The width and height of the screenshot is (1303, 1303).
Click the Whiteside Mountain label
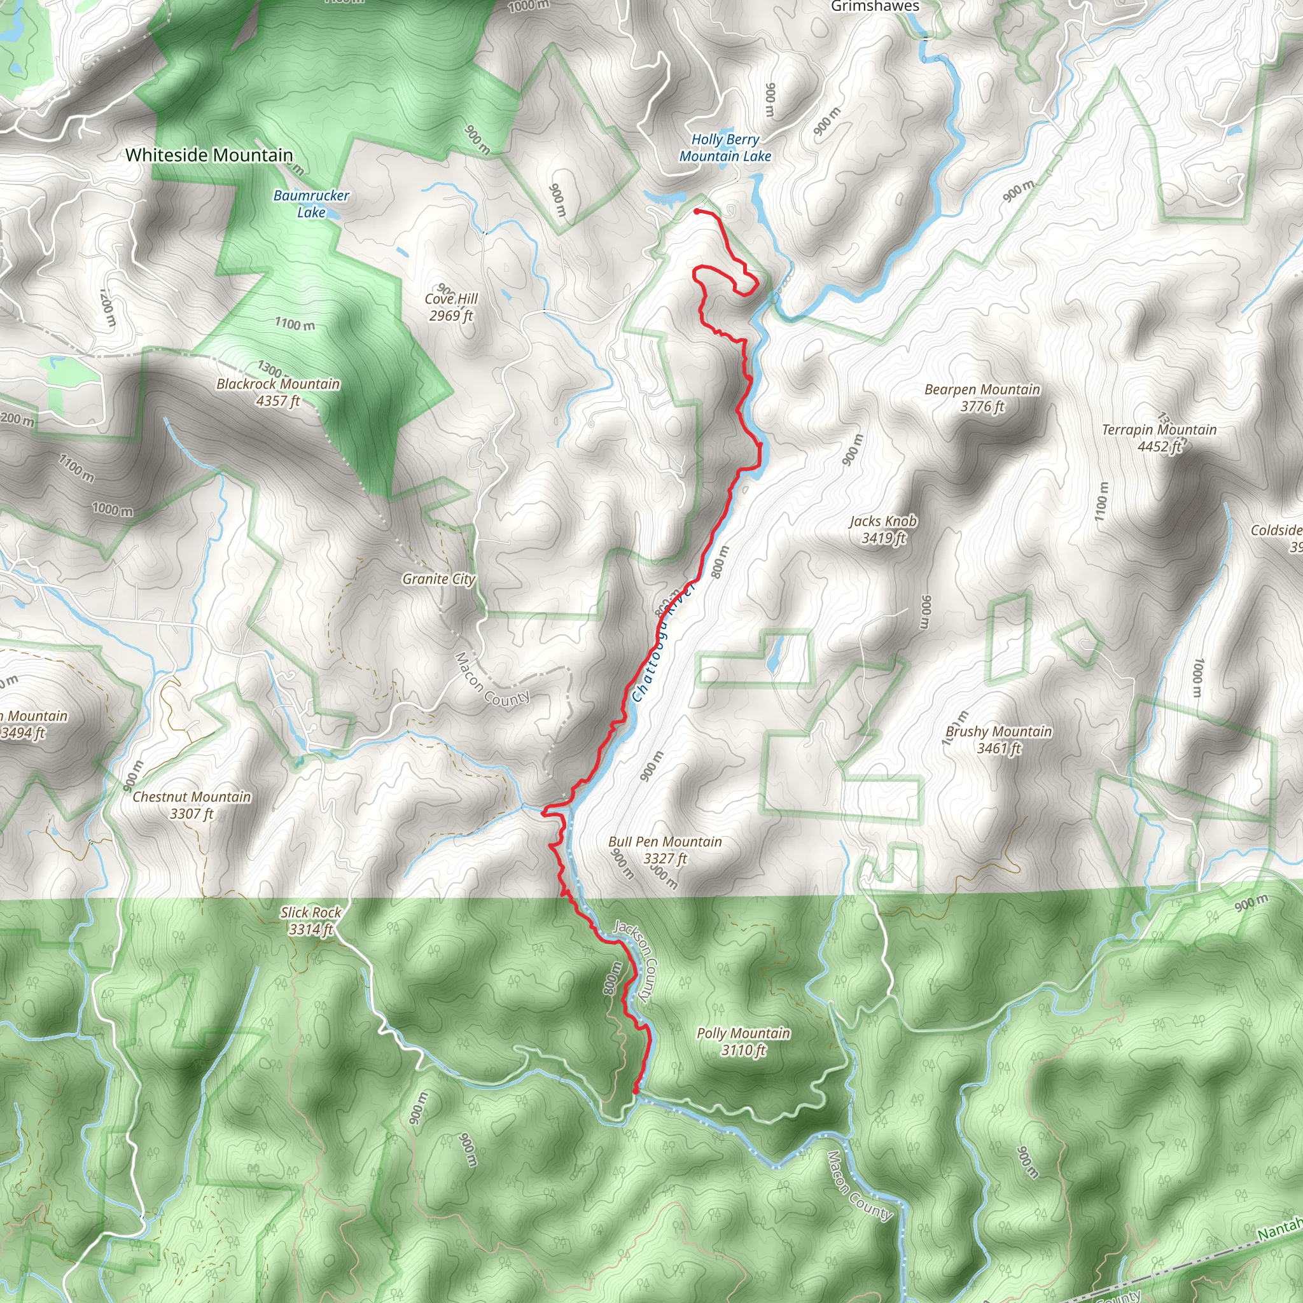coord(209,155)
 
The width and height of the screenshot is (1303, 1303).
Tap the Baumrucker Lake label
coord(311,204)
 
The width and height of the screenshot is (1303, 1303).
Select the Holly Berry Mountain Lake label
coord(725,148)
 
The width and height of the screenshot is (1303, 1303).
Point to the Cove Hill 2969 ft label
coord(451,307)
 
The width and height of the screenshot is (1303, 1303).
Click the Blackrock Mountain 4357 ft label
coord(278,392)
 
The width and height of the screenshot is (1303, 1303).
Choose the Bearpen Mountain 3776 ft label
coord(982,397)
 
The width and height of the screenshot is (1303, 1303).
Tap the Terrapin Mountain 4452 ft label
coord(1159,438)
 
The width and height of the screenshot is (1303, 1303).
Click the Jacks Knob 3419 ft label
coord(883,529)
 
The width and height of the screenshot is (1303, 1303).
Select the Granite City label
coord(439,579)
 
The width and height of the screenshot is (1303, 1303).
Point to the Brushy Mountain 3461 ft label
coord(998,739)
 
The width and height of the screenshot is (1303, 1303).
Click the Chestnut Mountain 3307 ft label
coord(192,805)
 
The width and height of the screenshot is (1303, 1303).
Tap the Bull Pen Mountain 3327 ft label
coord(665,850)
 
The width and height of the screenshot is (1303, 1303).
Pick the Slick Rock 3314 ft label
coord(311,921)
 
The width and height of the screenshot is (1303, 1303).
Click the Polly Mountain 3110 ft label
coord(743,1042)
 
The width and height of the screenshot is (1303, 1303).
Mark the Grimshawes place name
coord(875,7)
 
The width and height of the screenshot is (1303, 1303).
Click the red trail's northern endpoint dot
coord(697,212)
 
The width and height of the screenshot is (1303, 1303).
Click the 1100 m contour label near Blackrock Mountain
coord(295,324)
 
